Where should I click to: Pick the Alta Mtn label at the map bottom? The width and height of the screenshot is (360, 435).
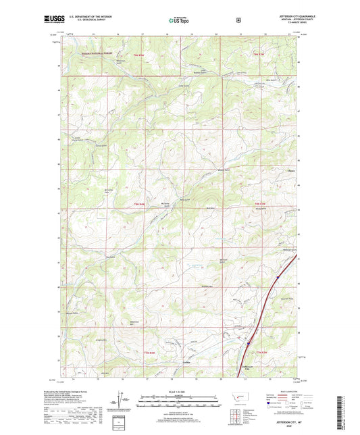105,373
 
